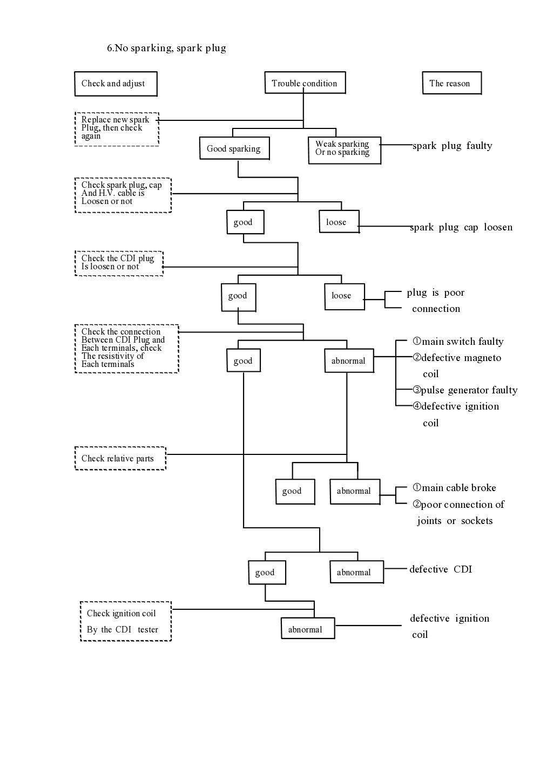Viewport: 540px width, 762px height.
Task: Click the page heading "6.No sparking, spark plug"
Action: tap(166, 48)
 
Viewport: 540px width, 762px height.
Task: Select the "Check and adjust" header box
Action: tap(116, 84)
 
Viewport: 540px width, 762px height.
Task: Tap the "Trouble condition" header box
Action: tap(305, 83)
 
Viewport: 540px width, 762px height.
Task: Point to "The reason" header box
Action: tap(451, 83)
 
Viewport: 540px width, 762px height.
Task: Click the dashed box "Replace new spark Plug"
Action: tap(116, 128)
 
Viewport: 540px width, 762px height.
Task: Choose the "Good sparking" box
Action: tap(234, 148)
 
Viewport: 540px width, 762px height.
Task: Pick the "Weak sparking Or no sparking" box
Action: tap(344, 149)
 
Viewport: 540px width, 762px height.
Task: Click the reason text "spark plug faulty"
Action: tap(452, 146)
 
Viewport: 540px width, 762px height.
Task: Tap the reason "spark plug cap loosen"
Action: tap(461, 227)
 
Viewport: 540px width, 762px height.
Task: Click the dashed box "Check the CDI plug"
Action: tap(118, 263)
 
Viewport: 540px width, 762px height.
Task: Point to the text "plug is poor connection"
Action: tap(436, 301)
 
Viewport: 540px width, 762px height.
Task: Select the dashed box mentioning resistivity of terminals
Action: tap(126, 348)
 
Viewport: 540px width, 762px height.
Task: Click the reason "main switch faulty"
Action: tap(458, 342)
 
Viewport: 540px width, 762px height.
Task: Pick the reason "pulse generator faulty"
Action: tap(465, 390)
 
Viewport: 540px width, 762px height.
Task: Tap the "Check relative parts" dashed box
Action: tap(120, 458)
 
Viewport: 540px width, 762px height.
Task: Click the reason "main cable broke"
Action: tap(455, 488)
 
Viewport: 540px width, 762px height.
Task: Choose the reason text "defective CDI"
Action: tap(441, 569)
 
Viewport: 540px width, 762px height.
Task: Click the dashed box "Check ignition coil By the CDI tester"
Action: tap(125, 621)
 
